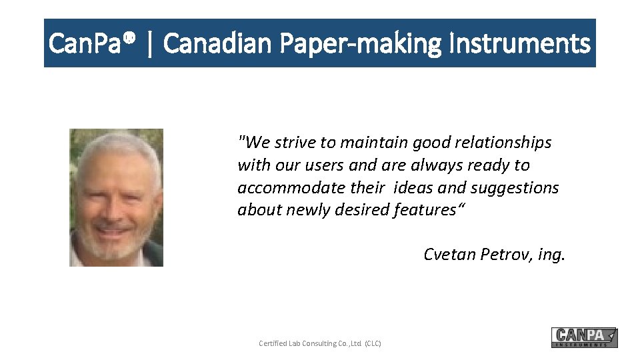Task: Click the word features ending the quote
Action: click(x=425, y=210)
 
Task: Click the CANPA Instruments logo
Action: click(x=584, y=337)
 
